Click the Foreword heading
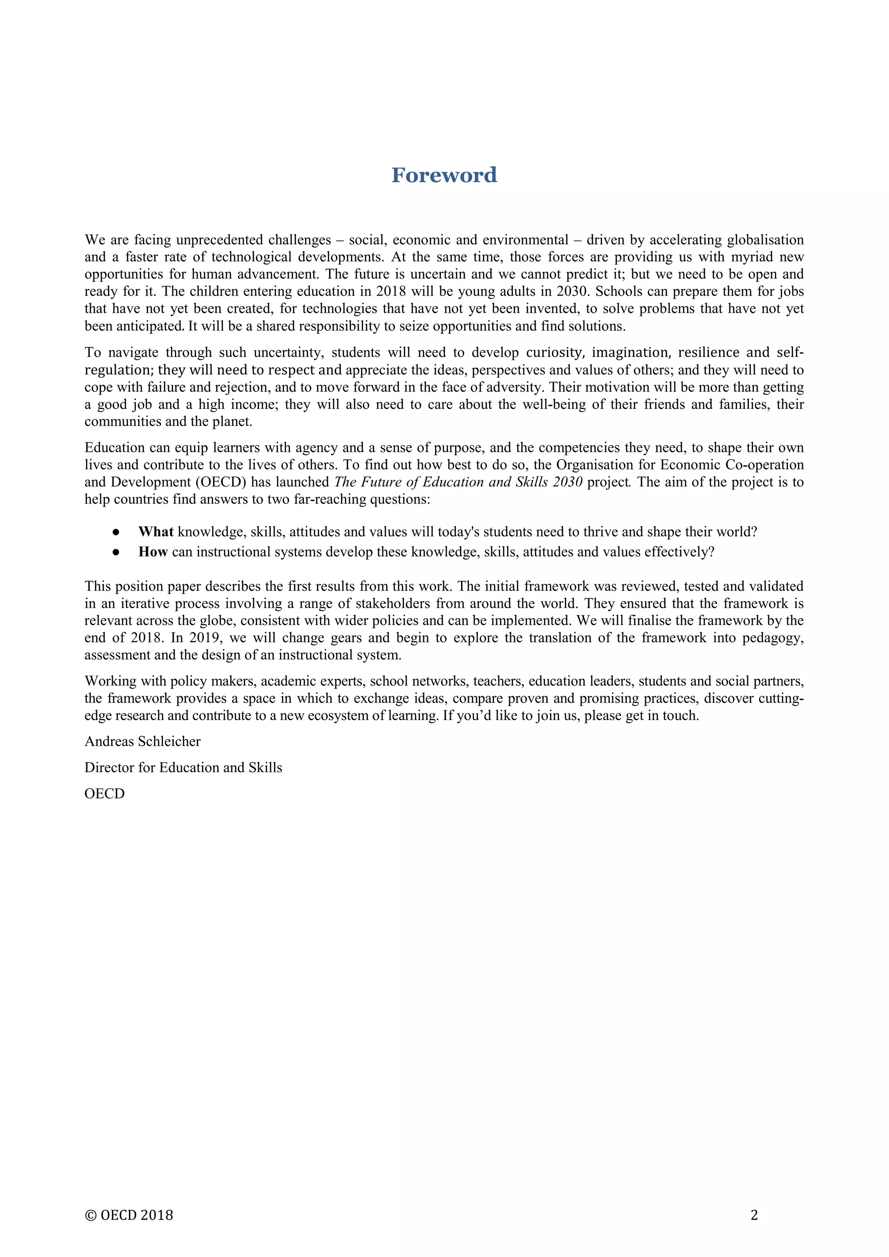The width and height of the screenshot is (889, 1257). [444, 175]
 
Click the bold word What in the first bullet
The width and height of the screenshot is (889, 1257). [155, 532]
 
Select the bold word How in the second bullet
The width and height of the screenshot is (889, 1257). [153, 552]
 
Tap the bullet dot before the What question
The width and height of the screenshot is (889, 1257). [116, 532]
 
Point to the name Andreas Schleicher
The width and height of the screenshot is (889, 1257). [142, 741]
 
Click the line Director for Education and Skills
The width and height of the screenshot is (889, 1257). [183, 767]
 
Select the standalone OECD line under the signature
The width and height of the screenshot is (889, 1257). [105, 794]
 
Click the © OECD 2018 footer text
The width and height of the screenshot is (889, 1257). [129, 1215]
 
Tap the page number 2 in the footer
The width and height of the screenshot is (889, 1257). [754, 1215]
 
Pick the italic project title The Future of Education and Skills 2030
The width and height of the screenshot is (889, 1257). [458, 482]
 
